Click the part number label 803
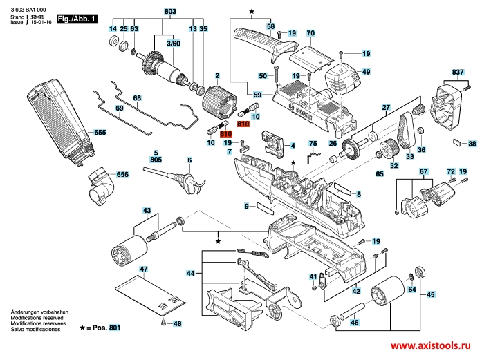click(170, 12)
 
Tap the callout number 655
click(100, 132)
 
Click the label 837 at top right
click(457, 72)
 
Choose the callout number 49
click(366, 72)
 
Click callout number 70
click(310, 33)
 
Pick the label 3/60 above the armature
click(172, 44)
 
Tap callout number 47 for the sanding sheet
click(143, 268)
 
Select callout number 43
click(147, 210)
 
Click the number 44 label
click(189, 274)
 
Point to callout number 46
click(354, 323)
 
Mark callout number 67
click(424, 171)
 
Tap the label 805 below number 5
click(156, 160)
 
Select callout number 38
click(472, 144)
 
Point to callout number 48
click(177, 323)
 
